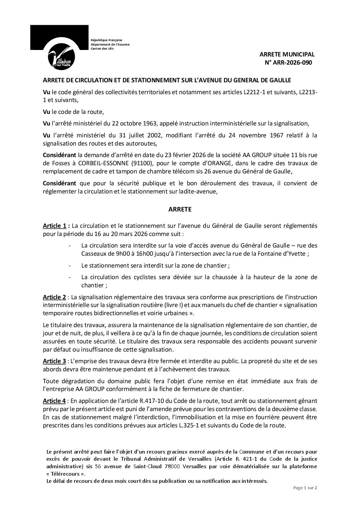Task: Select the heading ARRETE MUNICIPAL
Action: [287, 54]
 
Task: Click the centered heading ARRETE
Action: [180, 209]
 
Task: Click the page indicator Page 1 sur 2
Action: [305, 488]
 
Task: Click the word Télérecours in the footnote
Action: [65, 474]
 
